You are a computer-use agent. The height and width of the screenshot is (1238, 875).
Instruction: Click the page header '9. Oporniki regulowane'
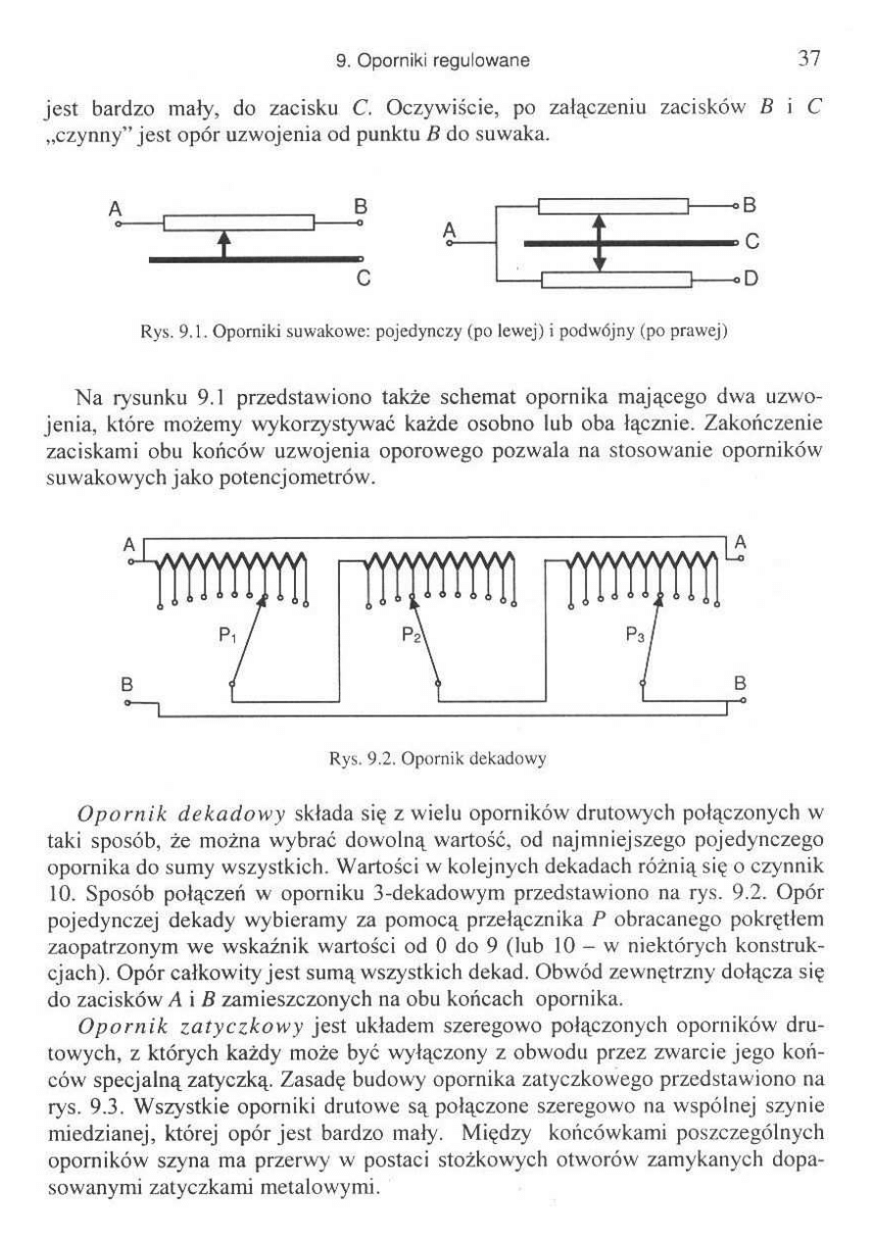point(432,61)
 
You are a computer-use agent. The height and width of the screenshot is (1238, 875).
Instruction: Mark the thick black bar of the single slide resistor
point(254,260)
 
